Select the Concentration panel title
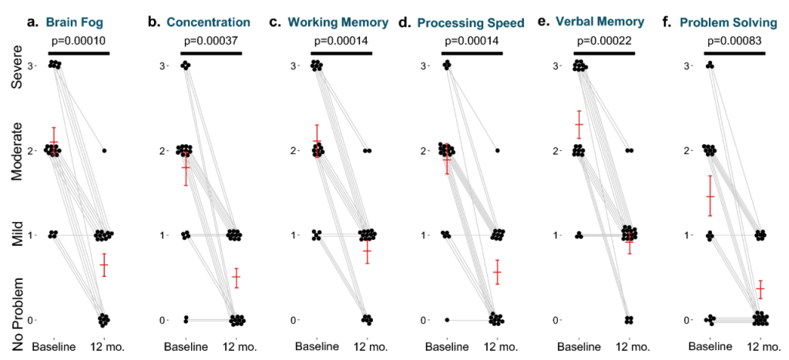208,22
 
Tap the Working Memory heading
338,22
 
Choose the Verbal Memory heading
599,22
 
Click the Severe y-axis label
18,69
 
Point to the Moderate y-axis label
18,150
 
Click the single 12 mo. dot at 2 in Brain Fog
104,150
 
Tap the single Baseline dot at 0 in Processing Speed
447,320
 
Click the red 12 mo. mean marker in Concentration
236,277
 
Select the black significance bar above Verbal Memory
604,53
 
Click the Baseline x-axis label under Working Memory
317,347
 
